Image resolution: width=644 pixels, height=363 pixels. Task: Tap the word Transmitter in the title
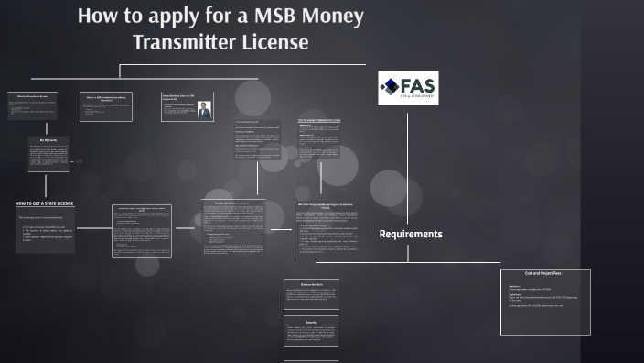(x=183, y=41)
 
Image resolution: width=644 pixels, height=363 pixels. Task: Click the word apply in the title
(x=168, y=17)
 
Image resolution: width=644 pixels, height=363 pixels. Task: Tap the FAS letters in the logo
(x=417, y=83)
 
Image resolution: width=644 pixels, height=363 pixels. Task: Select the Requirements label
(x=411, y=235)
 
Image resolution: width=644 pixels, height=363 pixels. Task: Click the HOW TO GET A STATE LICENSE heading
(x=45, y=203)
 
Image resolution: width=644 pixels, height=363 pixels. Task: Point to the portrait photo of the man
(x=204, y=110)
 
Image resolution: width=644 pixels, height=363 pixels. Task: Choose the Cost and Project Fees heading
(x=545, y=274)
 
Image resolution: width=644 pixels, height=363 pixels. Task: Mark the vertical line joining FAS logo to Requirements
(x=408, y=165)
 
